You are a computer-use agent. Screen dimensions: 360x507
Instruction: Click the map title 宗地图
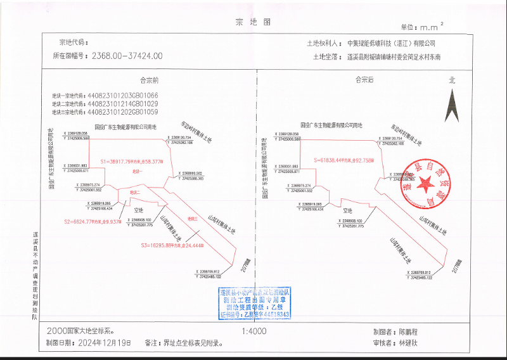coord(253,22)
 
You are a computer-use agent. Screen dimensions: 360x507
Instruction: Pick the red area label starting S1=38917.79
coord(131,161)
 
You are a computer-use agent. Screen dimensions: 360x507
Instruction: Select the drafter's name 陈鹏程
coord(413,331)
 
